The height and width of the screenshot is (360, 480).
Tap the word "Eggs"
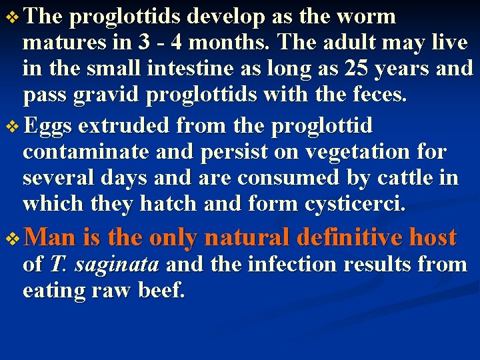51,125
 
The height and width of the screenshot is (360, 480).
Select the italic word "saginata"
117,265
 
